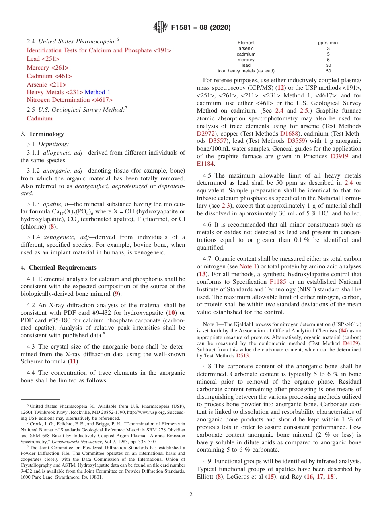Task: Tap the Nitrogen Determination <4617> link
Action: [x=70, y=100]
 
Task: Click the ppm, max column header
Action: [x=328, y=43]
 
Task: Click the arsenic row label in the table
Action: [x=246, y=48]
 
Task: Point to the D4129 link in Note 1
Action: [x=352, y=343]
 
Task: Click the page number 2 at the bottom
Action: [x=191, y=494]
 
